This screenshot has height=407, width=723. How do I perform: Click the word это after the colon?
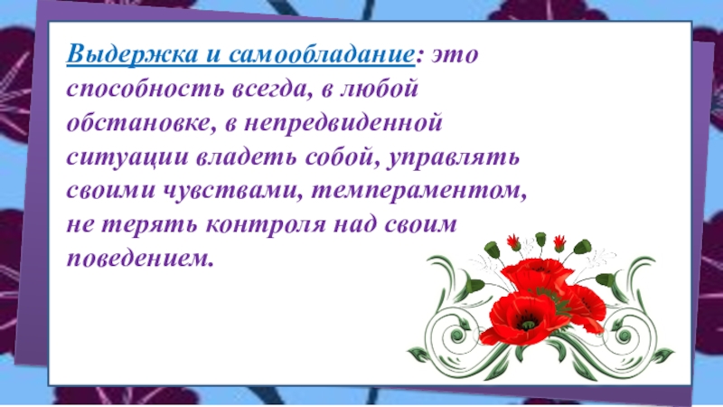pos(456,55)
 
